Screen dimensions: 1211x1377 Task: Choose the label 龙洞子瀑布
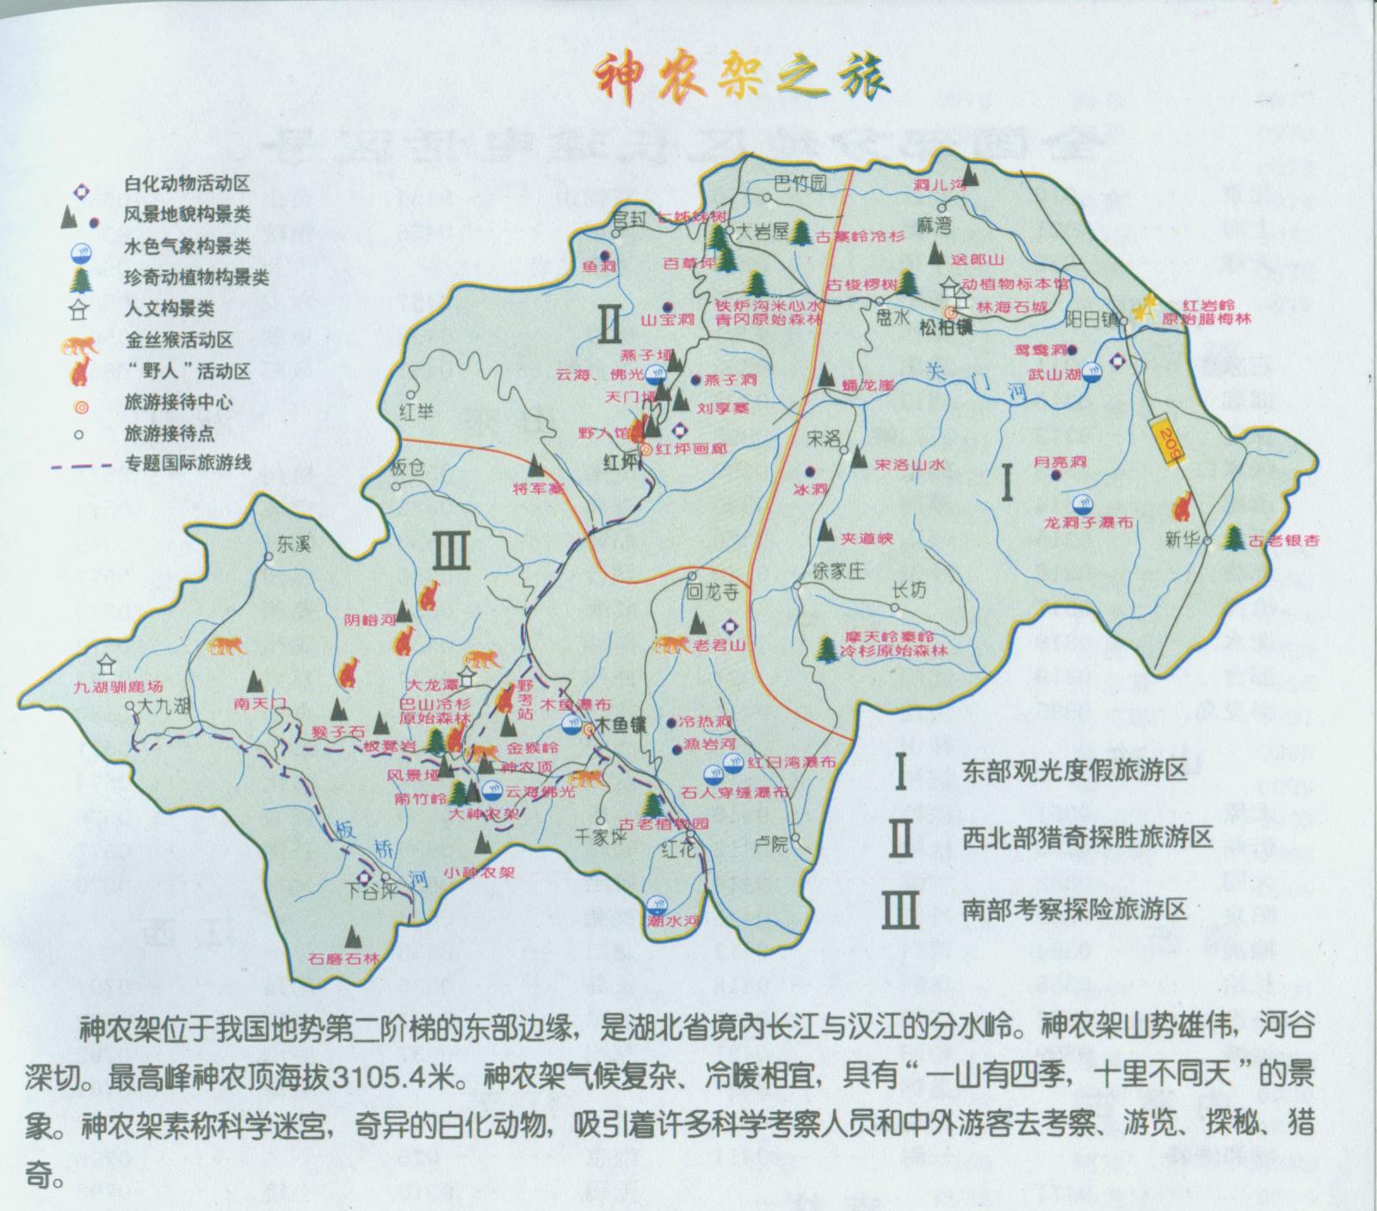(x=1089, y=523)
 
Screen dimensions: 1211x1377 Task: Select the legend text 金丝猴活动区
(x=178, y=340)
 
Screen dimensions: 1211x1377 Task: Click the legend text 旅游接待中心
(x=178, y=402)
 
